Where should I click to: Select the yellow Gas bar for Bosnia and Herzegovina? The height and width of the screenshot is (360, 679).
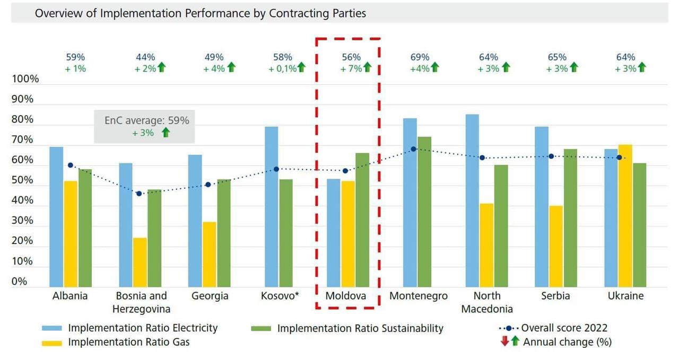(140, 262)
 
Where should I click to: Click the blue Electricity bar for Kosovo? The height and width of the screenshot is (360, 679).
(272, 207)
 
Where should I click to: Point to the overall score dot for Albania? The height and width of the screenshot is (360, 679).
(71, 165)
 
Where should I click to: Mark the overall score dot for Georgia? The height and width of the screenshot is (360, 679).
(208, 185)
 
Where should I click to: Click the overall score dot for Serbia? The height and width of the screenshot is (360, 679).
(551, 156)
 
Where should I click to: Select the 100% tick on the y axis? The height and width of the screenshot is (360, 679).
(25, 79)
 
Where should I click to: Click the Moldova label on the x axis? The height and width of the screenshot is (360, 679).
(346, 296)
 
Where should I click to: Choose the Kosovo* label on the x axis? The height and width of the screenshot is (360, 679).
(280, 296)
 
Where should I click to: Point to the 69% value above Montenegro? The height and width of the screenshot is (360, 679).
(420, 57)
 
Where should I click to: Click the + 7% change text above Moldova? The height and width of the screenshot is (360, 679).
(351, 68)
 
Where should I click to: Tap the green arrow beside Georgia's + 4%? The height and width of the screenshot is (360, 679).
(231, 68)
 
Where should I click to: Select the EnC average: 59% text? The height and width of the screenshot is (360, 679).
(146, 120)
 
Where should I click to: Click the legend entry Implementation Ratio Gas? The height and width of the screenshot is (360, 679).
(128, 342)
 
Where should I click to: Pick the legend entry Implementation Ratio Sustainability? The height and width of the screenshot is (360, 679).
(360, 328)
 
